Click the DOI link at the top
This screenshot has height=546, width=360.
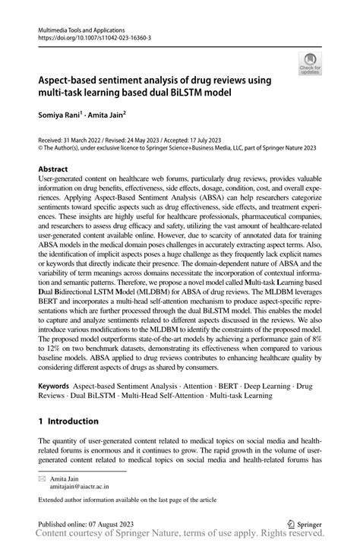[87, 36]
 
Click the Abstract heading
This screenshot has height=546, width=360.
[53, 169]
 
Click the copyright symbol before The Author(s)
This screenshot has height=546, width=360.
[41, 150]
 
